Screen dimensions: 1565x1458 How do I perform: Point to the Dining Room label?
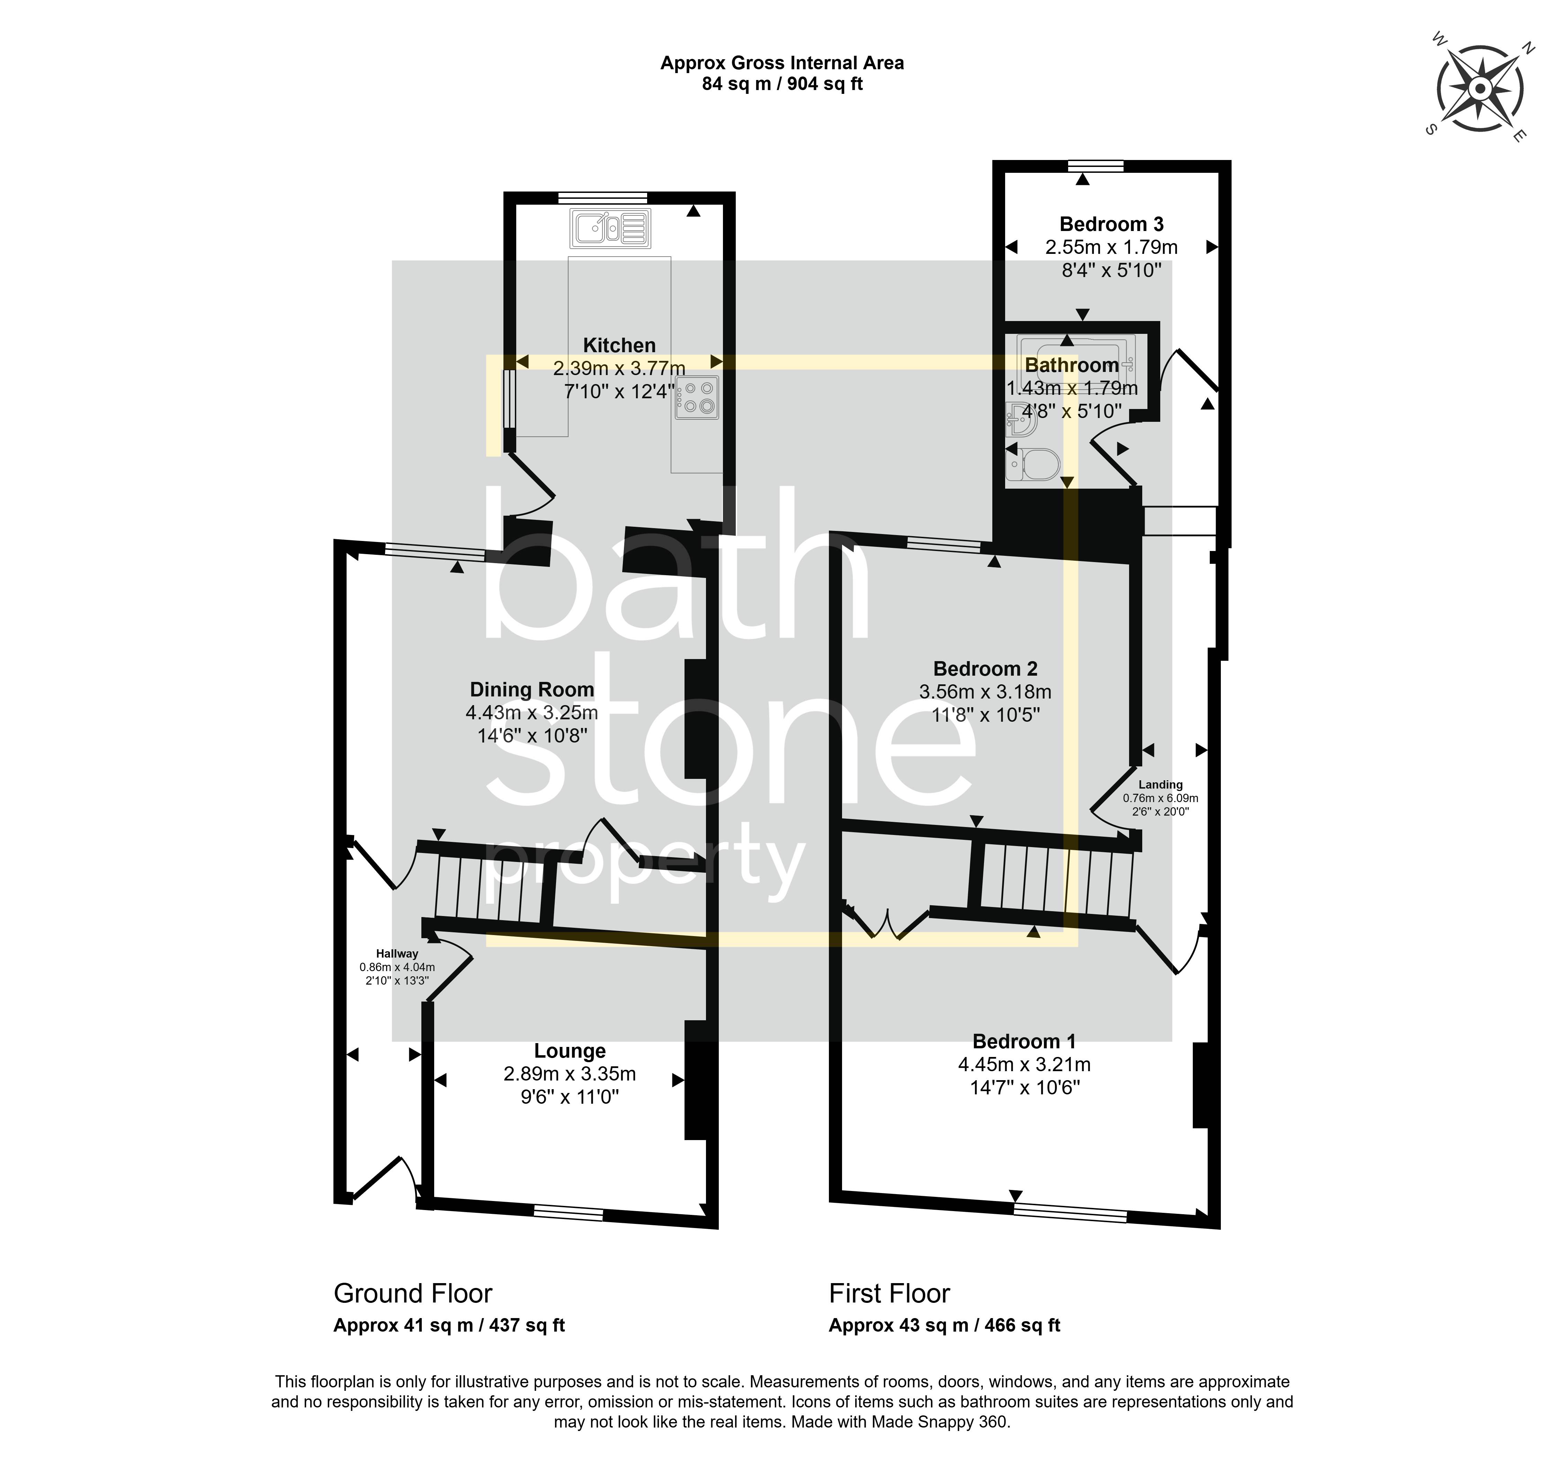point(532,690)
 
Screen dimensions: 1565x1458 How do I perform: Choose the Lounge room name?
point(570,1051)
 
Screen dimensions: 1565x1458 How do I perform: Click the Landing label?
point(1160,785)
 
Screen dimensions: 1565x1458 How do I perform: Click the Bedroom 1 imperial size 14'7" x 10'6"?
point(1024,1088)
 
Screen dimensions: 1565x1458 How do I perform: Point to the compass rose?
point(1480,89)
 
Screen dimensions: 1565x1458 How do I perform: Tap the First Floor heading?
point(889,1293)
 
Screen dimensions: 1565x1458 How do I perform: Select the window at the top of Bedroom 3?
point(1096,165)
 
